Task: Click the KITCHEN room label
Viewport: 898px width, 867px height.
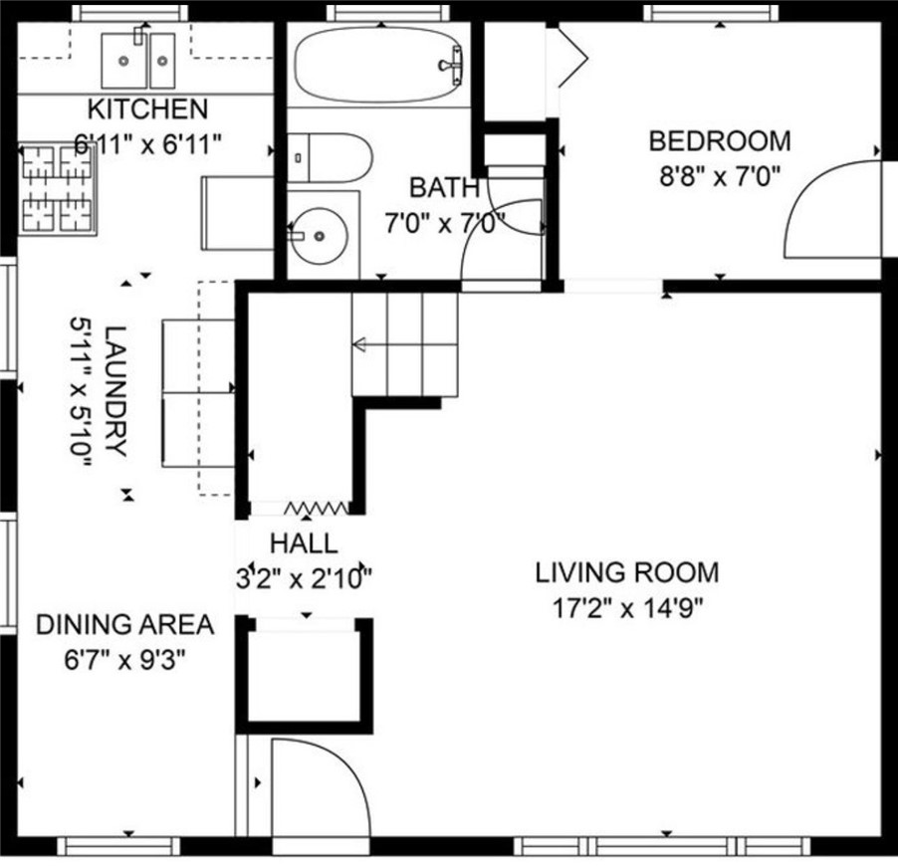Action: pos(147,108)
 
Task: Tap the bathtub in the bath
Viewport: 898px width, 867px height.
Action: pos(378,65)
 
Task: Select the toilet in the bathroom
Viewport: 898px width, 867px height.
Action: pos(330,158)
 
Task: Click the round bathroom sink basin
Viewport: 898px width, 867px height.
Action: pos(319,235)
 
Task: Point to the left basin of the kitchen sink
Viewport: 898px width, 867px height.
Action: pos(123,60)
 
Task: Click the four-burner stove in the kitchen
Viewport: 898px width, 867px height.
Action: pos(58,189)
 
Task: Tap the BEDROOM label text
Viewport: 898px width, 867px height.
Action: pos(720,141)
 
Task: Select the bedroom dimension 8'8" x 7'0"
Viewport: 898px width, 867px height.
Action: pos(720,176)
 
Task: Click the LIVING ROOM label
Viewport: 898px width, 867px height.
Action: pos(627,572)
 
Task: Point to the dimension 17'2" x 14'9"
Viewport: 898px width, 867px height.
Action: pos(627,607)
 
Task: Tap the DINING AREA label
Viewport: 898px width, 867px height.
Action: pos(124,624)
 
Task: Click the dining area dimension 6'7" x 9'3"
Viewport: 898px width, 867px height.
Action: pos(124,660)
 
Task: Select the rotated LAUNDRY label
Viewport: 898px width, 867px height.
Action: pos(115,391)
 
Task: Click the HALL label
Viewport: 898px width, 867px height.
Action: pos(304,543)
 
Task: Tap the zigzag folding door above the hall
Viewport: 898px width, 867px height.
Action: pos(317,508)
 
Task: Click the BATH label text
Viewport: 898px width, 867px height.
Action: pos(444,188)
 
